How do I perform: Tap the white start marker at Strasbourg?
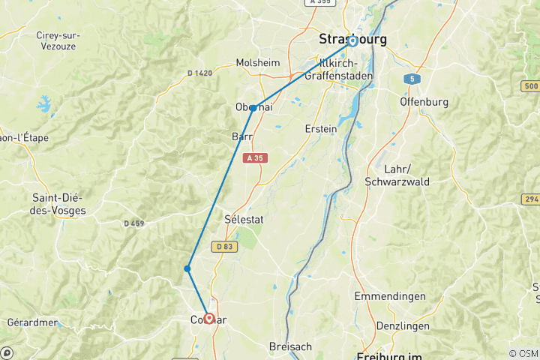pyautogui.click(x=352, y=41)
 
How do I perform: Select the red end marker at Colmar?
pyautogui.click(x=208, y=318)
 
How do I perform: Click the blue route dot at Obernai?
pyautogui.click(x=253, y=108)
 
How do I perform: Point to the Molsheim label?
pyautogui.click(x=258, y=63)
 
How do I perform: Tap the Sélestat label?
pyautogui.click(x=243, y=219)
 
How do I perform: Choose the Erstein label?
pyautogui.click(x=321, y=128)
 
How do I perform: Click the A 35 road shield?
pyautogui.click(x=254, y=158)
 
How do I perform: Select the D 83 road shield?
pyautogui.click(x=223, y=246)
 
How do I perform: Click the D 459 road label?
pyautogui.click(x=133, y=223)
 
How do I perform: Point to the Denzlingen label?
pyautogui.click(x=404, y=326)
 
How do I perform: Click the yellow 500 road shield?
pyautogui.click(x=531, y=88)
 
